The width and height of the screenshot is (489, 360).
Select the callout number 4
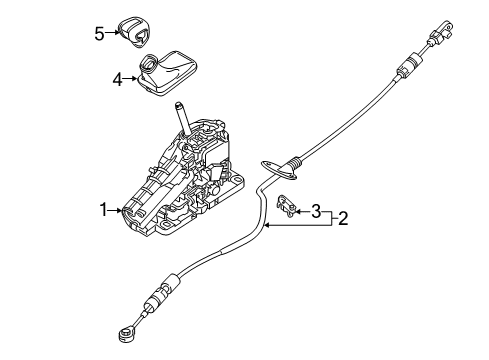click(118, 79)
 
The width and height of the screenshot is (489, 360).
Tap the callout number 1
click(103, 209)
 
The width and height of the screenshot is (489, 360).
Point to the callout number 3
click(316, 211)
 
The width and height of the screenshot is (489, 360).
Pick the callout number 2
click(342, 218)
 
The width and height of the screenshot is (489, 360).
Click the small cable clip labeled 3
click(288, 204)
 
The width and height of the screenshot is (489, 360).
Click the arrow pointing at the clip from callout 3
click(302, 210)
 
